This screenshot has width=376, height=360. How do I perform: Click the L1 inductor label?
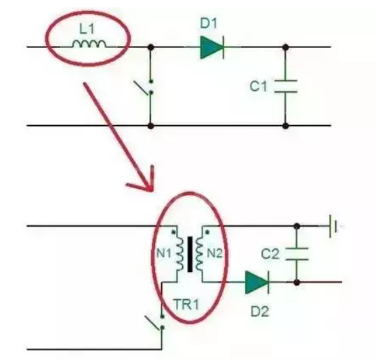tap(87, 29)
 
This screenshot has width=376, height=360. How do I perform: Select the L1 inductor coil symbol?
tap(89, 44)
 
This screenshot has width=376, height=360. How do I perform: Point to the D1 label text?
tap(209, 23)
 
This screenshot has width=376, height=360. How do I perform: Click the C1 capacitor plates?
tap(286, 86)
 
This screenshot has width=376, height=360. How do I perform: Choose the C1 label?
tap(258, 86)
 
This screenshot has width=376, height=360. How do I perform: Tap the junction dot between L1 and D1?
tap(150, 47)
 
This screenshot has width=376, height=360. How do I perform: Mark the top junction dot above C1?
tap(285, 47)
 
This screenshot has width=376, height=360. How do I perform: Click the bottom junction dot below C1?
tap(285, 125)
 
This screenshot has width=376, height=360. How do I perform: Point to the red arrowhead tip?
tap(151, 190)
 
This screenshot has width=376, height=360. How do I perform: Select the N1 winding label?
tap(164, 253)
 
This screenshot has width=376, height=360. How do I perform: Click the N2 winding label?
tap(215, 253)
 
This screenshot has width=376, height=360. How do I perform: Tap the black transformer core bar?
tap(190, 254)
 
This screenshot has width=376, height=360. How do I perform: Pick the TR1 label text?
tap(186, 305)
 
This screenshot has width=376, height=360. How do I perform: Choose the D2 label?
tap(259, 311)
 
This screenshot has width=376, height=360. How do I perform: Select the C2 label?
tap(270, 254)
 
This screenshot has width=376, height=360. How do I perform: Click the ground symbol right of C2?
tap(333, 226)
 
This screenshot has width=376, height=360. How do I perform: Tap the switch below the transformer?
tap(155, 323)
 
